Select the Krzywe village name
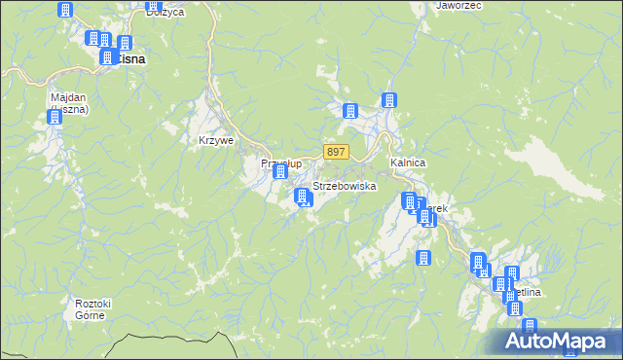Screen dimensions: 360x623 click(x=216, y=140)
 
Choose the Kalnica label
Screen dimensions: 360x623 click(x=408, y=162)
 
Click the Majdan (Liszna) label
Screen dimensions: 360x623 click(x=70, y=103)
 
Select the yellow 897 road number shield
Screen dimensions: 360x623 click(x=336, y=152)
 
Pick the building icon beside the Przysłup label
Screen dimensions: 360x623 click(x=281, y=172)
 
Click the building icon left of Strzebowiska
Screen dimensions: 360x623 click(x=302, y=198)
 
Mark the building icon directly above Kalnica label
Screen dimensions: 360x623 click(x=389, y=100)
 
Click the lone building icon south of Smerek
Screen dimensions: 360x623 click(x=423, y=258)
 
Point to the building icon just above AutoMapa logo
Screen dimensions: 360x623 click(x=529, y=326)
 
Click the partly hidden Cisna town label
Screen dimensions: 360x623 click(x=131, y=59)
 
